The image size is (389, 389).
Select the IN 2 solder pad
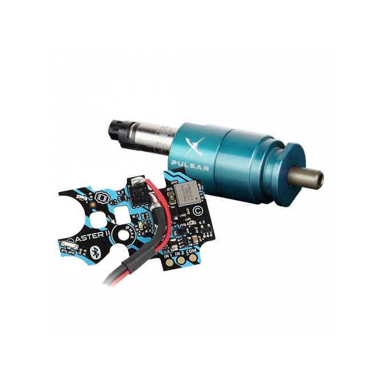pyautogui.click(x=178, y=258)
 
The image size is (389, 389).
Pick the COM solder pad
pyautogui.click(x=190, y=257)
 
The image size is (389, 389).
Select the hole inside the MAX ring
pyautogui.click(x=122, y=234)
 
